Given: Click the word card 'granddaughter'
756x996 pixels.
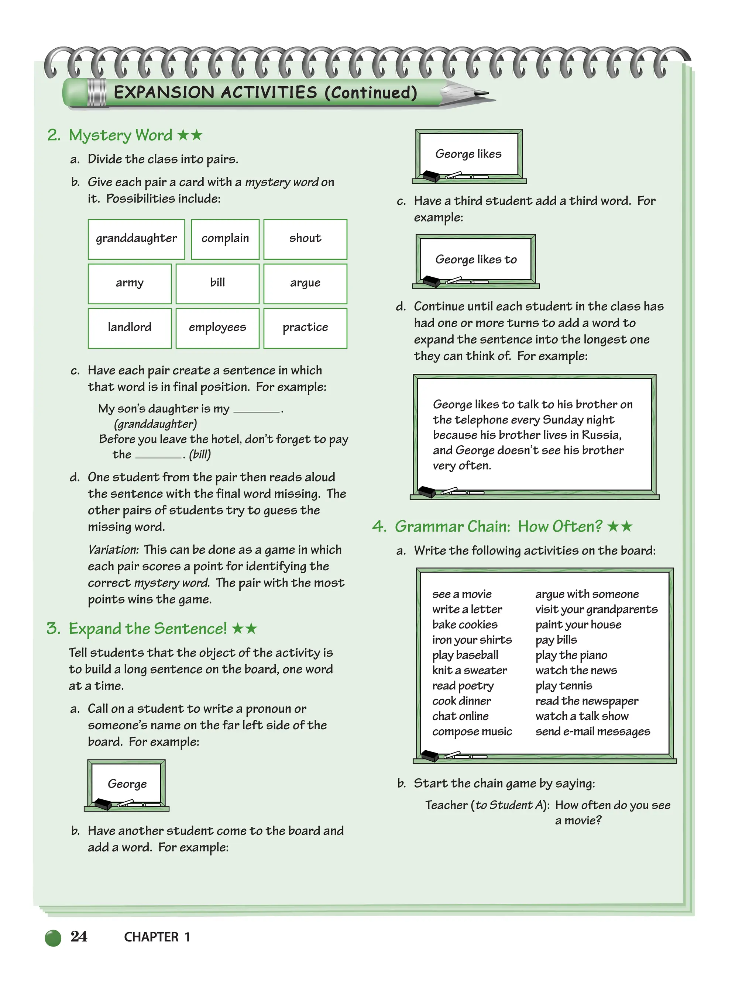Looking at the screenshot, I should coord(136,239).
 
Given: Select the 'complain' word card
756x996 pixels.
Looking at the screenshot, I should coord(225,239).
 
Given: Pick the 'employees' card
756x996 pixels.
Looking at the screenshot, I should coord(217,328).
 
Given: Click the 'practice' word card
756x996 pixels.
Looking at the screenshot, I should coord(305,328).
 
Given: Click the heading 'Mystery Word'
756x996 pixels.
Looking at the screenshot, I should coord(120,135).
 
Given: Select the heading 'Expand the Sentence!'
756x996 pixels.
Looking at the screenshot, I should coord(147,629).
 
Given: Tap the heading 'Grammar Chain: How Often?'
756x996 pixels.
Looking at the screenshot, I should coord(498,526).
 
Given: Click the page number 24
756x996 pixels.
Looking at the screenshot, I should coord(79,937).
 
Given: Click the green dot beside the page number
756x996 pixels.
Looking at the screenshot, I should coord(53,938).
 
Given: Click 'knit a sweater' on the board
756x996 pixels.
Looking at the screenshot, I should coord(470,670).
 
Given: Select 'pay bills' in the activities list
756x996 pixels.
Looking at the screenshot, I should coord(556,640).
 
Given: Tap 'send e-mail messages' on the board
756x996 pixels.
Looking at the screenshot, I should coord(592,732).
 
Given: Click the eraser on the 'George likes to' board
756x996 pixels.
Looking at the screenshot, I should coord(432,281).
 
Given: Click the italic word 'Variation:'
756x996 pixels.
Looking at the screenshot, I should coord(113,550).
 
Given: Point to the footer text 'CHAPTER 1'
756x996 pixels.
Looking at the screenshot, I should coord(157,937).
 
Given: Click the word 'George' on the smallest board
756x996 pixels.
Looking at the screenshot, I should coord(127,784).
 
